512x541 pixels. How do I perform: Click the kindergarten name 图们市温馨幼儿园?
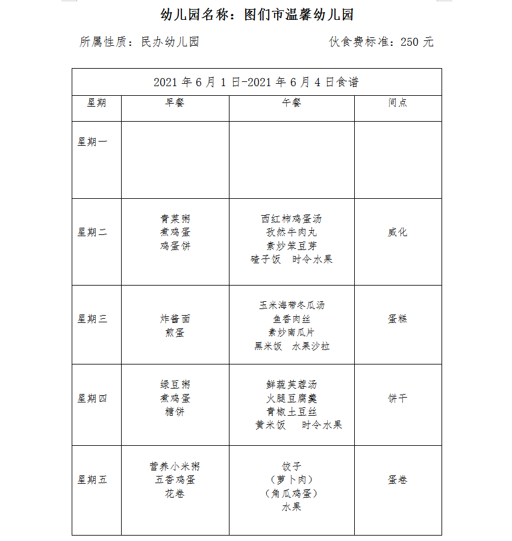[x=298, y=15]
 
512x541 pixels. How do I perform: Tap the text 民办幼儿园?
[x=170, y=42]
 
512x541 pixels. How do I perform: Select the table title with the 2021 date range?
[x=257, y=82]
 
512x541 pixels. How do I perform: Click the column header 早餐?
[x=175, y=103]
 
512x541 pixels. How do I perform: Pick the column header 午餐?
[x=292, y=103]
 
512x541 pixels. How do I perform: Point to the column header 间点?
[x=398, y=103]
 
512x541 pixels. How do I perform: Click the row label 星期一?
[x=92, y=142]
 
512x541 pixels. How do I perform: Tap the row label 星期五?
[x=92, y=480]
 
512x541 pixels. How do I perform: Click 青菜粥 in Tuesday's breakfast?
[x=175, y=219]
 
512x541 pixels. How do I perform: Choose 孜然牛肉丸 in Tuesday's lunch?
[x=292, y=233]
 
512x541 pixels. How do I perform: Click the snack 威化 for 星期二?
[x=398, y=233]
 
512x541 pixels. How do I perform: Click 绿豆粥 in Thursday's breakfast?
[x=175, y=385]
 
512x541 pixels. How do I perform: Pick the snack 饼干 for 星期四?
[x=398, y=399]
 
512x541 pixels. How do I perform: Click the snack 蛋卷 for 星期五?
[x=398, y=480]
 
